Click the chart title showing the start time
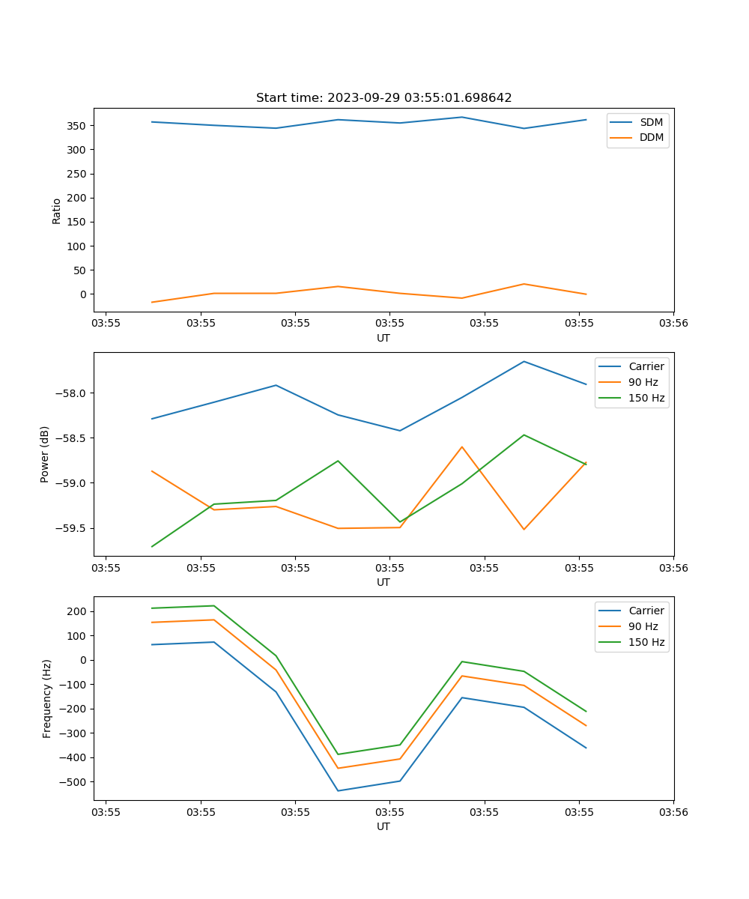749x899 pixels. click(x=383, y=98)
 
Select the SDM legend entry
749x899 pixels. click(x=651, y=122)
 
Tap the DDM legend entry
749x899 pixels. click(x=651, y=137)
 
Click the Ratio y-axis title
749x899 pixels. click(x=56, y=211)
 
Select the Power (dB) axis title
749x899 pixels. click(x=45, y=454)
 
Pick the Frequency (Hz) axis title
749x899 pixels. click(x=46, y=698)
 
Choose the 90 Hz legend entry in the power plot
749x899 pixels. click(x=643, y=382)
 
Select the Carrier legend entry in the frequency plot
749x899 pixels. click(x=646, y=611)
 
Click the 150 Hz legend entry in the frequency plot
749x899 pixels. click(x=646, y=642)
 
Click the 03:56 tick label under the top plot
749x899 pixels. click(x=673, y=324)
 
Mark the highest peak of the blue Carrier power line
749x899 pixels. click(x=524, y=361)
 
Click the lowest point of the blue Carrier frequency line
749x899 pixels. click(x=338, y=790)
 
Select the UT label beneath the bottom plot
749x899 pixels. click(x=383, y=826)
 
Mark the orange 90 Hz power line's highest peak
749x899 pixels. click(x=462, y=447)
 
